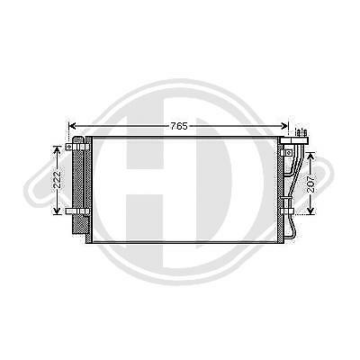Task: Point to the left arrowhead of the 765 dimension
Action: point(73,126)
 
